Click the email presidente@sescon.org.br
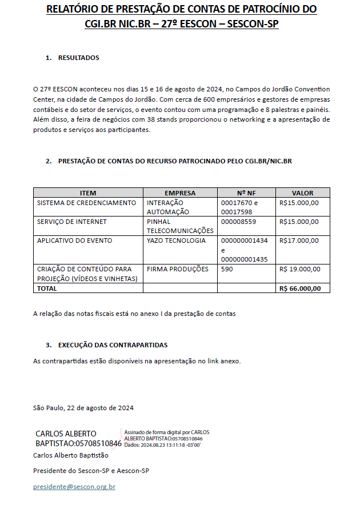[x=74, y=487]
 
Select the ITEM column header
[x=88, y=193]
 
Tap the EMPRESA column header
[x=180, y=193]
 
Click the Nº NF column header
[x=246, y=193]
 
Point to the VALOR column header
[x=302, y=193]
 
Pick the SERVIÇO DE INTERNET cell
[x=72, y=222]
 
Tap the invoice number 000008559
[x=238, y=222]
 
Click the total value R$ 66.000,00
[x=301, y=288]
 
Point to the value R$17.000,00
[x=299, y=241]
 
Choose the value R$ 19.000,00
[x=300, y=269]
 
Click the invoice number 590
[x=227, y=269]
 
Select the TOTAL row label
[x=47, y=288]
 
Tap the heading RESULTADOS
[x=78, y=58]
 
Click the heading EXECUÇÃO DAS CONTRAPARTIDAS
[x=113, y=345]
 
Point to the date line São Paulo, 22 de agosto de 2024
[x=83, y=408]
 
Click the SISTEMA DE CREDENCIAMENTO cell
[x=86, y=203]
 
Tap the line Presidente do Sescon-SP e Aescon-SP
[x=91, y=471]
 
